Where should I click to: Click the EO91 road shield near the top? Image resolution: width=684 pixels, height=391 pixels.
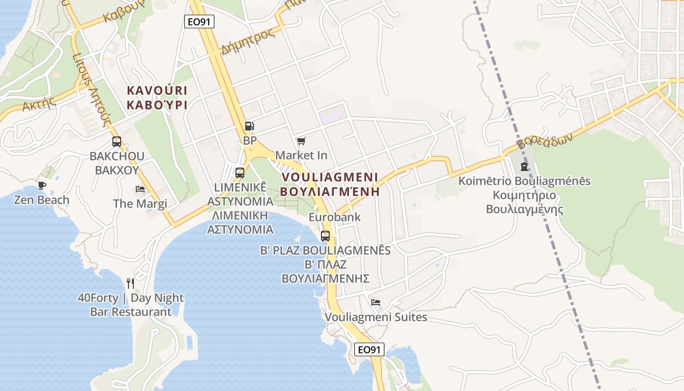(x=199, y=22)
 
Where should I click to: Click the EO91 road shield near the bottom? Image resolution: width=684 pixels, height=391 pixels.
(x=369, y=349)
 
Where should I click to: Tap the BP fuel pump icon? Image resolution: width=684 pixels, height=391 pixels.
(x=249, y=126)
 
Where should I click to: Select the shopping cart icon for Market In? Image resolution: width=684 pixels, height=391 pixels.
(x=301, y=141)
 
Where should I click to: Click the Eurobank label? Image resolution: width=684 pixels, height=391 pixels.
(x=335, y=217)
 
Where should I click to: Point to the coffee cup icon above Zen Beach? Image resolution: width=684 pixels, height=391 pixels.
(x=42, y=185)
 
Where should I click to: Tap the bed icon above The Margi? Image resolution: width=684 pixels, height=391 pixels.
(x=140, y=189)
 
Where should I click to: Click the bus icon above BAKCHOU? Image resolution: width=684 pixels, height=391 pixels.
(x=117, y=142)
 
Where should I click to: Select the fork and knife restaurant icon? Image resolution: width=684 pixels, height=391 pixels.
(x=130, y=283)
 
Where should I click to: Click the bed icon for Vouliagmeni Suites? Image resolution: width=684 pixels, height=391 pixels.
(x=376, y=303)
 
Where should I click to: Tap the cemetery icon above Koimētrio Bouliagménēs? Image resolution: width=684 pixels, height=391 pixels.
(x=524, y=167)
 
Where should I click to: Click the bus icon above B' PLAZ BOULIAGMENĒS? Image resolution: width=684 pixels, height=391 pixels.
(x=325, y=236)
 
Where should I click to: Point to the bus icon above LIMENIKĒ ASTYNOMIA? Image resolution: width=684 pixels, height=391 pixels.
(x=240, y=173)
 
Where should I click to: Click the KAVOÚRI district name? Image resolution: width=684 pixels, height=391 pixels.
(x=157, y=91)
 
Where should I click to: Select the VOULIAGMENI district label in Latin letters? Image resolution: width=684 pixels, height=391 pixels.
(x=330, y=177)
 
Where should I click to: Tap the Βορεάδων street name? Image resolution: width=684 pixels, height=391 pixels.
(x=544, y=140)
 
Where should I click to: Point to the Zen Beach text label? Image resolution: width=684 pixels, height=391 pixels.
(x=42, y=200)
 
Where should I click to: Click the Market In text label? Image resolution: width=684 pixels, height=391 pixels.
(x=301, y=155)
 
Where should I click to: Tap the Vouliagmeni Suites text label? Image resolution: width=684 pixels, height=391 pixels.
(x=376, y=317)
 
